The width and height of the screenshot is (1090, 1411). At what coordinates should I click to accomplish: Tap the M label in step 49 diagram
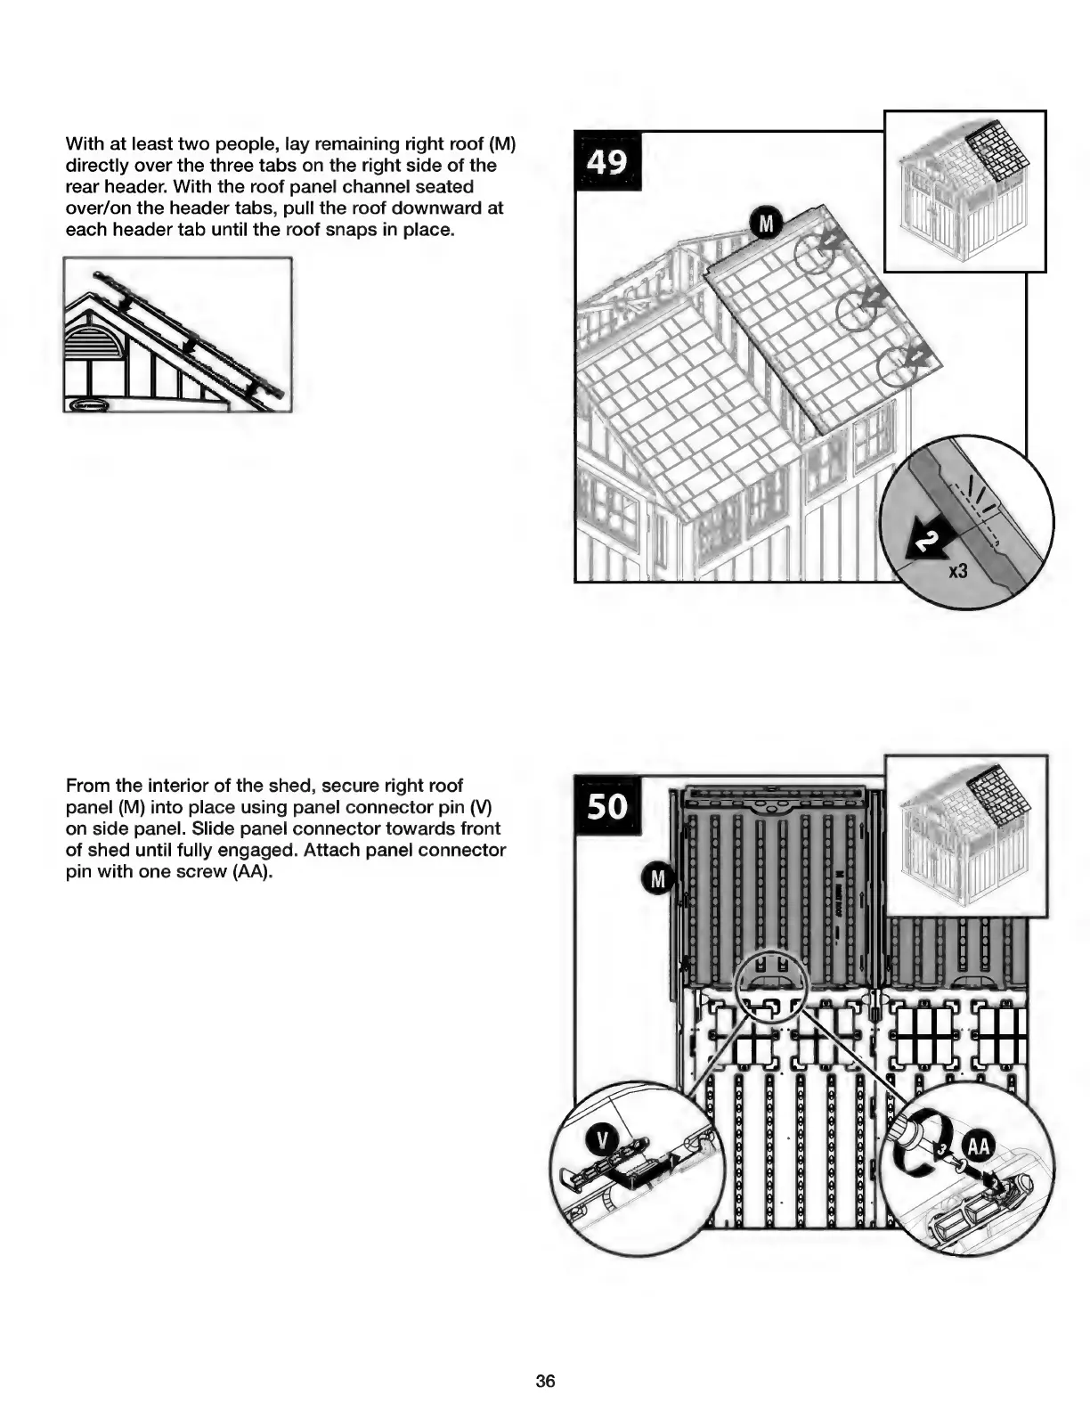[x=765, y=223]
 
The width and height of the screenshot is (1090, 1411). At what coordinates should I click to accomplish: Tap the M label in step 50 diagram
[x=658, y=880]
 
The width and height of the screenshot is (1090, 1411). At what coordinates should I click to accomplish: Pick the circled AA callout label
[x=978, y=1146]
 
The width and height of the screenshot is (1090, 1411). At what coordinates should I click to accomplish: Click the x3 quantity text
[x=957, y=571]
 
